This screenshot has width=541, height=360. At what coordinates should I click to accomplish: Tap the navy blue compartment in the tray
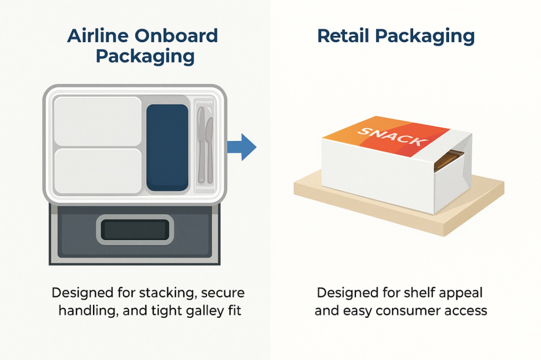click(x=167, y=147)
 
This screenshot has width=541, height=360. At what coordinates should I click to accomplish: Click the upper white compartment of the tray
click(x=98, y=121)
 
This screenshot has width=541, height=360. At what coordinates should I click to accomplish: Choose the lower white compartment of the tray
click(x=98, y=172)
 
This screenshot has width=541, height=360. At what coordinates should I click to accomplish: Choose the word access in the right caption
click(x=465, y=310)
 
